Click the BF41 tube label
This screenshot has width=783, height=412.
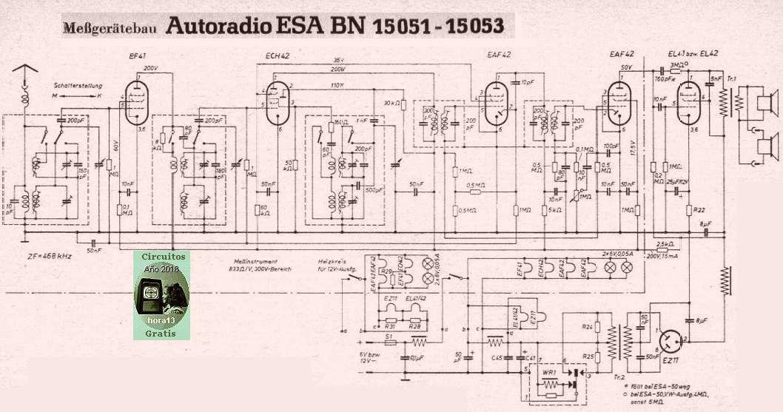pos(138,56)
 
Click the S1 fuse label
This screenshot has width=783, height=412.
pos(388,335)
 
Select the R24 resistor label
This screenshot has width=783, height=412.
pos(587,326)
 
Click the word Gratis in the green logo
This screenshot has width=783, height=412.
pos(162,332)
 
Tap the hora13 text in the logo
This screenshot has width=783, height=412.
pos(161,321)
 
